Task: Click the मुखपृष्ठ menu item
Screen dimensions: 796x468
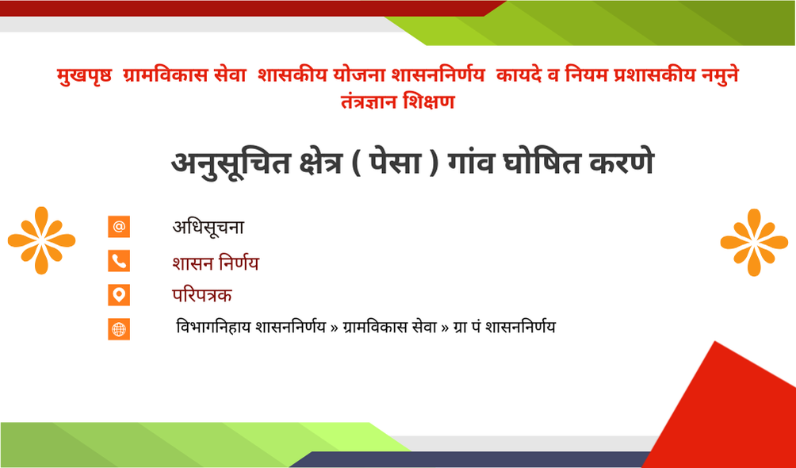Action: [85, 75]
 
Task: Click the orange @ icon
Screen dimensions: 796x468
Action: [119, 227]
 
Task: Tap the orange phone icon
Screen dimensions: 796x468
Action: [119, 261]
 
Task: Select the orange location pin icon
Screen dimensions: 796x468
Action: [119, 295]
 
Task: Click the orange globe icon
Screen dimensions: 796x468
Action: [119, 329]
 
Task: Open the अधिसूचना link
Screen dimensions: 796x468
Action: [209, 227]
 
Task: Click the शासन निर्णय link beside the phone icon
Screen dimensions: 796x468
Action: [215, 263]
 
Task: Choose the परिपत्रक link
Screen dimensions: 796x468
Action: [202, 295]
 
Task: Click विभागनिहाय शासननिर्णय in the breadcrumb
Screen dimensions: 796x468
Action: [251, 327]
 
